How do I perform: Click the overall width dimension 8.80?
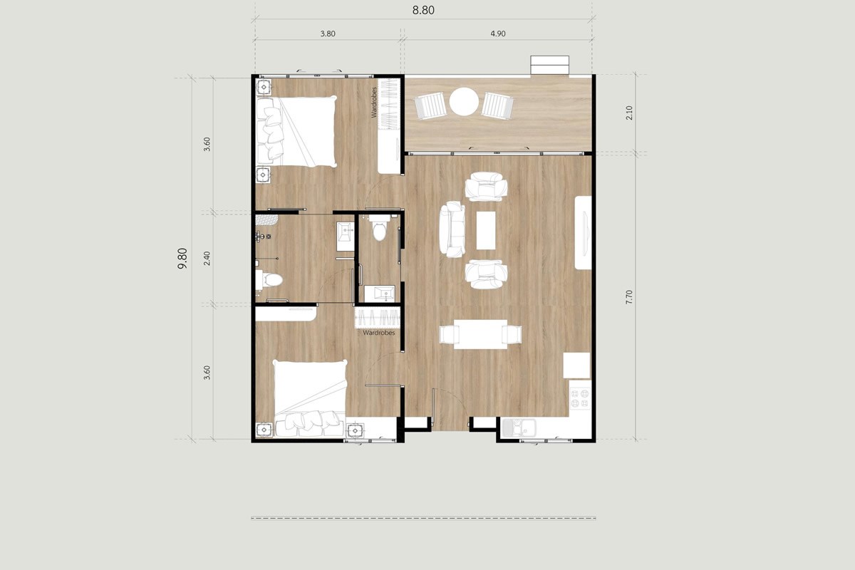423,10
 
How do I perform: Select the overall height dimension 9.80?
183,257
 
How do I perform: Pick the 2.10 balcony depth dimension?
629,113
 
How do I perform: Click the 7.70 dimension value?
629,297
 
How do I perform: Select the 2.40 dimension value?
207,258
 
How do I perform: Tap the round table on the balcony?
464,101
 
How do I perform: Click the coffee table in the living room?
486,229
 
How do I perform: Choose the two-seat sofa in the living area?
452,229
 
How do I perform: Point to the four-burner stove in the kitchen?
580,398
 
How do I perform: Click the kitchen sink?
519,427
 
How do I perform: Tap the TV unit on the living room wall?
584,233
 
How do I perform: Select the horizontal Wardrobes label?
378,333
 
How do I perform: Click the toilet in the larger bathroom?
269,280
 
